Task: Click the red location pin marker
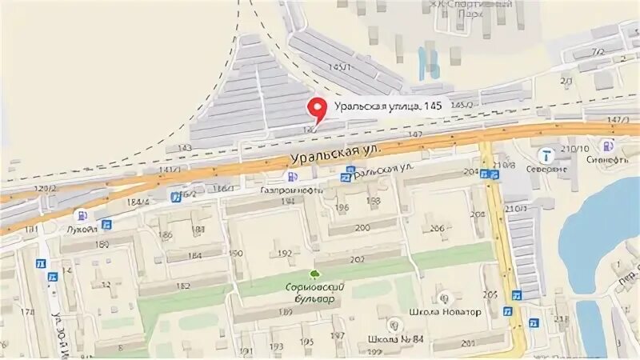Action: click(x=317, y=109)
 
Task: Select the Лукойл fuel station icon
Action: click(x=80, y=215)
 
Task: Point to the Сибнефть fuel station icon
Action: click(x=607, y=146)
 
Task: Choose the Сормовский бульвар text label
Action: click(x=309, y=292)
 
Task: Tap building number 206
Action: click(x=437, y=229)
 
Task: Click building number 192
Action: click(x=284, y=254)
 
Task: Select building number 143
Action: click(x=184, y=148)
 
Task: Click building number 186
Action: click(x=166, y=235)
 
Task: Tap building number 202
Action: click(x=357, y=258)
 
